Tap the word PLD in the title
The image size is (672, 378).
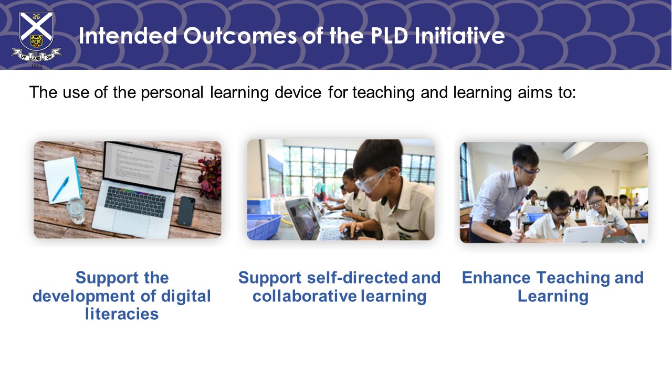[x=390, y=36]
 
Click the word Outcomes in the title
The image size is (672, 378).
[x=240, y=36]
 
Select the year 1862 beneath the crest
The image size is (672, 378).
[x=37, y=66]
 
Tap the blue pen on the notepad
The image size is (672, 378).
[x=60, y=189]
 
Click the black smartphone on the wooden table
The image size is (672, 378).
[x=186, y=211]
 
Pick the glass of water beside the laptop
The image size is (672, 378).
[x=76, y=211]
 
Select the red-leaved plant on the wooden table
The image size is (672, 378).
[x=211, y=177]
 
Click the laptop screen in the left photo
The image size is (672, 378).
[x=143, y=167]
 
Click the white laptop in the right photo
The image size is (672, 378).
[x=583, y=234]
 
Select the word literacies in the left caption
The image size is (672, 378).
[x=122, y=314]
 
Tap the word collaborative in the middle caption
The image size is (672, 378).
[x=304, y=296]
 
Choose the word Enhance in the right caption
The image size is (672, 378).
[x=496, y=278]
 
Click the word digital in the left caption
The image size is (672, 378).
[x=186, y=297]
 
